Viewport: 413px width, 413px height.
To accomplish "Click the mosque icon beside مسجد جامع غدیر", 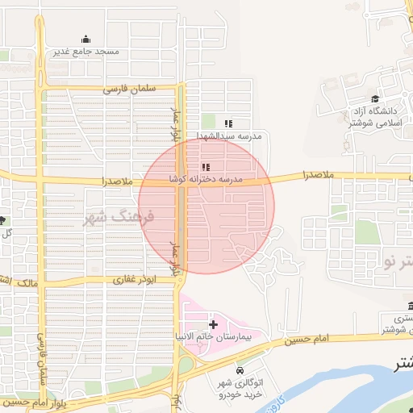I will click(86, 39).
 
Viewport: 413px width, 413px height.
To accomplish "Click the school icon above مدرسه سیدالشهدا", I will click(228, 123).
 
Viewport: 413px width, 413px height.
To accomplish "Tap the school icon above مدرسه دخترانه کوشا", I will click(194, 167).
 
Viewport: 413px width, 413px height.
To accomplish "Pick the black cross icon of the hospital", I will click(212, 323).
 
